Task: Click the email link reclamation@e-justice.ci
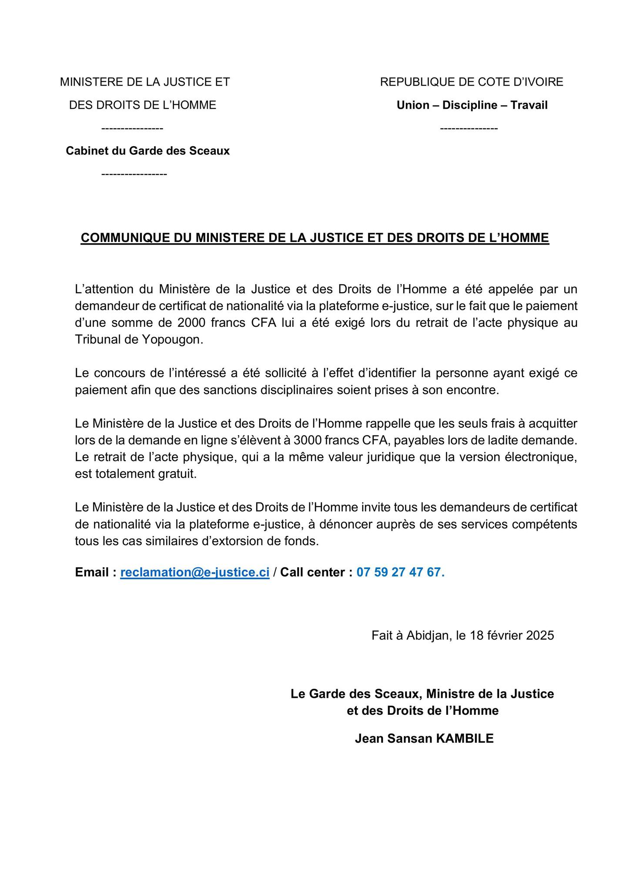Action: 194,572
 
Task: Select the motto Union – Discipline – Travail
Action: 472,105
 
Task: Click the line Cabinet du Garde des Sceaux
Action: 147,151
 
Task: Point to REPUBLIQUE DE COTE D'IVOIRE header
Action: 472,82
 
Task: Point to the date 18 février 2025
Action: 512,636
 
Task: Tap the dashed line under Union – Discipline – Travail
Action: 469,128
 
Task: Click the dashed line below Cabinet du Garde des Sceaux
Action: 134,174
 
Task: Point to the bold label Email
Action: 92,572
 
